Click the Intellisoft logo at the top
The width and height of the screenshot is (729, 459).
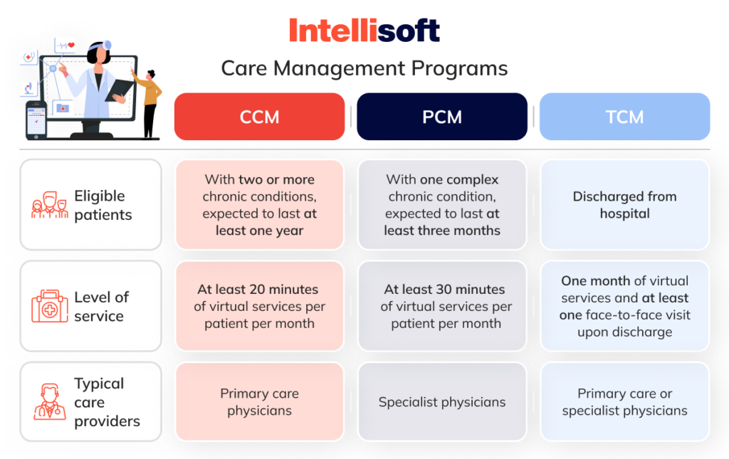click(x=364, y=31)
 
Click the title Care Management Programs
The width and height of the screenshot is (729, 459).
click(x=364, y=68)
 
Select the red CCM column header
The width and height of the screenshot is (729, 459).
click(x=259, y=117)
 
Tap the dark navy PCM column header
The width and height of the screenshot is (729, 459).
click(x=442, y=117)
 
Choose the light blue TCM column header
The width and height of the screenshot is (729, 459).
click(x=624, y=117)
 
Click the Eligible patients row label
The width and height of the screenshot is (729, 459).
click(x=103, y=205)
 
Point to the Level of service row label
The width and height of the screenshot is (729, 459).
click(x=101, y=307)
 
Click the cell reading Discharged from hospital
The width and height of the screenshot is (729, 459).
click(x=624, y=205)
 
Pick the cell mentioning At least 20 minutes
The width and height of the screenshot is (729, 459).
click(x=259, y=307)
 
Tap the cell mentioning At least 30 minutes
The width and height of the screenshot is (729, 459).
click(x=442, y=307)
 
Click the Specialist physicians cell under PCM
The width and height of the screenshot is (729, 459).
click(x=442, y=402)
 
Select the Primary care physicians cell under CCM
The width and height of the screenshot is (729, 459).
click(x=259, y=402)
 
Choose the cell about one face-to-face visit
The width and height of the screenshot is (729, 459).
click(x=624, y=307)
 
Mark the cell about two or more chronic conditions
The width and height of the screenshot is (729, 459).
click(x=259, y=205)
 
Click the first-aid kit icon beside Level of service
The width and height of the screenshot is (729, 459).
click(x=49, y=307)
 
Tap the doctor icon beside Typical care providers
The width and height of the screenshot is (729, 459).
click(x=49, y=402)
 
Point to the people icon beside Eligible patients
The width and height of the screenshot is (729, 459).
click(x=49, y=206)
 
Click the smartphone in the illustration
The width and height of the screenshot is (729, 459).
click(x=36, y=120)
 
